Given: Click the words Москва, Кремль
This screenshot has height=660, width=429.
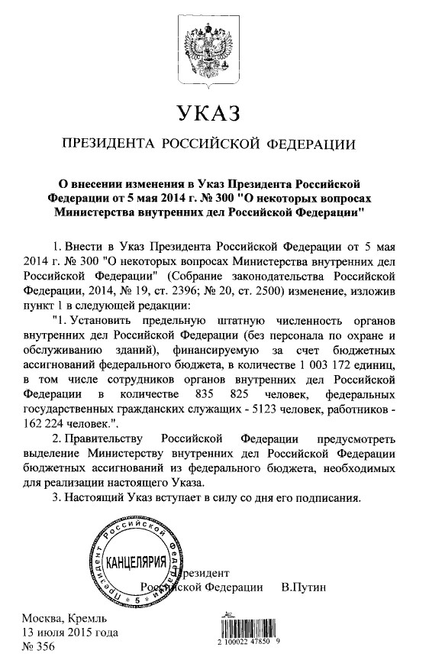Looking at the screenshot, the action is (60, 618).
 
